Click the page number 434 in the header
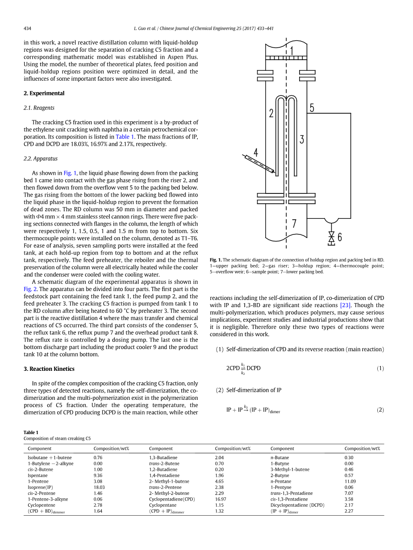(x=27, y=29)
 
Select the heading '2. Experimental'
(x=44, y=93)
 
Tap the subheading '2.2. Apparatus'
(x=40, y=158)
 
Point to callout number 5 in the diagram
(x=312, y=108)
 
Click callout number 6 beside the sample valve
(x=340, y=238)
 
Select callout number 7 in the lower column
(x=294, y=224)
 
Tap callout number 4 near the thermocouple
(x=256, y=152)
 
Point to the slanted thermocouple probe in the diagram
(x=259, y=164)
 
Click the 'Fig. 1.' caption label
(x=216, y=260)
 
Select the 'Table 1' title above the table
(x=31, y=432)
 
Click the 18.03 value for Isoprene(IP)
(x=99, y=487)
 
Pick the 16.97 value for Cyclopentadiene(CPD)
(x=221, y=499)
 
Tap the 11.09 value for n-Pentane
(x=350, y=481)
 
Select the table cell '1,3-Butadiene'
(x=163, y=457)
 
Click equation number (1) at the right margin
(x=380, y=368)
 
